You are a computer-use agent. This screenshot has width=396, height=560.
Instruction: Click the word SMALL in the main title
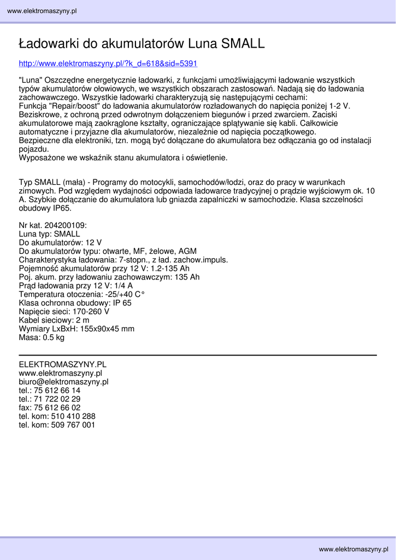[x=243, y=44]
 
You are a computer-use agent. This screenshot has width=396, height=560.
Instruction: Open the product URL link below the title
[x=108, y=63]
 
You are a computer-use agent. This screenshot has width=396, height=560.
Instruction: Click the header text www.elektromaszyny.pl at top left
[x=42, y=11]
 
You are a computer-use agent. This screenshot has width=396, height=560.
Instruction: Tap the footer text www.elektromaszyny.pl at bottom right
[x=353, y=549]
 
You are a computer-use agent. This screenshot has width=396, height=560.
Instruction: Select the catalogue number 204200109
[x=65, y=225]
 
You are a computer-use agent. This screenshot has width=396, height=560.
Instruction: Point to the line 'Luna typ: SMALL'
[x=49, y=234]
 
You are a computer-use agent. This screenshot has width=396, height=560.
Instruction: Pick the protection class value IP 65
[x=122, y=303]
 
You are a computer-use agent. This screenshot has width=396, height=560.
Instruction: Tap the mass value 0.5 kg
[x=54, y=338]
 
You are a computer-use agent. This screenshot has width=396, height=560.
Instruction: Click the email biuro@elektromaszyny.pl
[x=63, y=382]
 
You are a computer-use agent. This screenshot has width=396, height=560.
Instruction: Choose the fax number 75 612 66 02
[x=57, y=408]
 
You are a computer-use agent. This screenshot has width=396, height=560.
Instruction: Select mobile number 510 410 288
[x=73, y=416]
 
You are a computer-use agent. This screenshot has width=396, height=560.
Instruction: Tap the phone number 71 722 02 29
[x=57, y=399]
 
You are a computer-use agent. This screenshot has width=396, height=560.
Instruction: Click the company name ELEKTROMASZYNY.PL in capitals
[x=62, y=364]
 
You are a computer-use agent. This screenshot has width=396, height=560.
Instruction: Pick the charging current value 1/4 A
[x=123, y=285]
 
